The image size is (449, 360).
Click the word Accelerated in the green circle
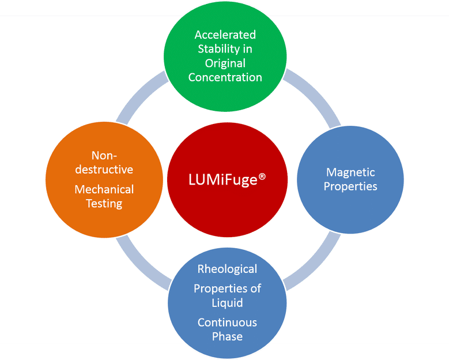[x=225, y=34]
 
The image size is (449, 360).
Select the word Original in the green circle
[x=224, y=63]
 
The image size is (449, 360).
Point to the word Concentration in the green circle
[x=225, y=77]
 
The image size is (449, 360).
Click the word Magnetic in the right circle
[x=350, y=172]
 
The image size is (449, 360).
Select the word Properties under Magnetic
[x=350, y=186]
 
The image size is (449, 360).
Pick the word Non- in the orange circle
[x=104, y=155]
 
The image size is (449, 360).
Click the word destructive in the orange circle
[x=104, y=170]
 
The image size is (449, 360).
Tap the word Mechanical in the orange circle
[x=104, y=189]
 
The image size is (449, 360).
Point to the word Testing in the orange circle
[x=104, y=204]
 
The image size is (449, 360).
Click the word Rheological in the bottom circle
[x=227, y=269]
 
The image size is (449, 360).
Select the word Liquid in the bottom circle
[x=227, y=303]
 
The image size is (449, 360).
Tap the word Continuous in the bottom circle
[x=227, y=322]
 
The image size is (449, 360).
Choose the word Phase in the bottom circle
[x=227, y=337]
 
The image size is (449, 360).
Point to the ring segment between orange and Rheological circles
[x=138, y=260]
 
